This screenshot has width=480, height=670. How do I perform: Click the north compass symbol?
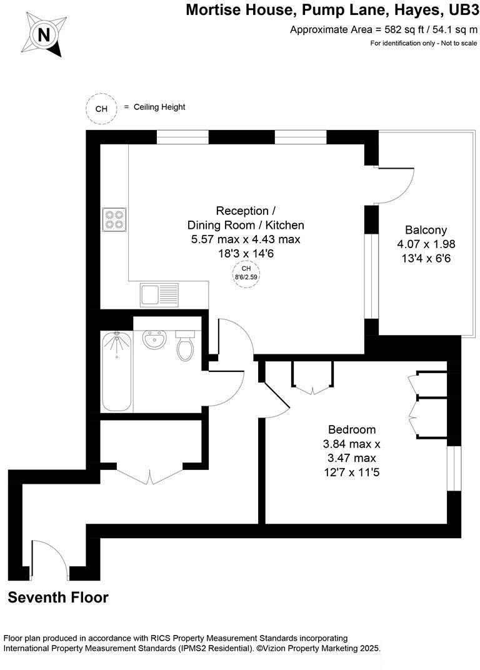click(44, 35)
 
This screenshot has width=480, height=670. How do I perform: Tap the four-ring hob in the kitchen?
click(114, 219)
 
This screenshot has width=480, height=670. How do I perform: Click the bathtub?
click(117, 371)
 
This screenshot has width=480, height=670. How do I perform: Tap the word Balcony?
click(426, 229)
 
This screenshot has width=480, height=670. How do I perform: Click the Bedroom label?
click(352, 429)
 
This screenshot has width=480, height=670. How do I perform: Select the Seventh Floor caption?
click(58, 597)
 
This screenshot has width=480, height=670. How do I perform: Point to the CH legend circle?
click(101, 108)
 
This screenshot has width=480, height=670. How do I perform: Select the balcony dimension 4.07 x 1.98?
click(426, 244)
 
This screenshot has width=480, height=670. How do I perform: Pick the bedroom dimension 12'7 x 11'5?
click(352, 472)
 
